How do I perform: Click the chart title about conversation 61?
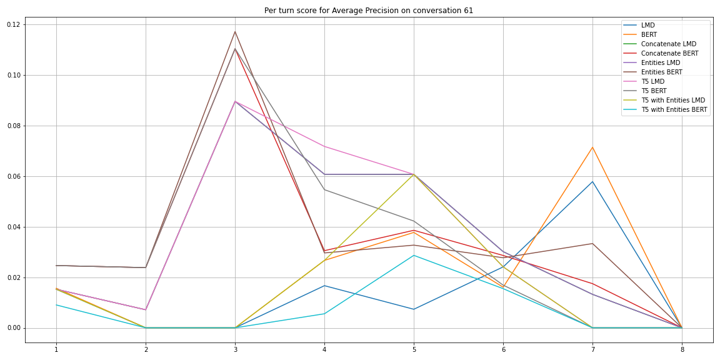pyautogui.click(x=369, y=10)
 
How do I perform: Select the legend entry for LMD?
pyautogui.click(x=649, y=25)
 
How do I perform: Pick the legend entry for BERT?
pyautogui.click(x=650, y=34)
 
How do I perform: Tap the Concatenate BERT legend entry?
pyautogui.click(x=669, y=53)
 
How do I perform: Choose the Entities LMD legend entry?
pyautogui.click(x=660, y=62)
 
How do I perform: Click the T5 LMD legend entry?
pyautogui.click(x=652, y=81)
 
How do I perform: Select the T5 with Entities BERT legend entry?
pyautogui.click(x=674, y=109)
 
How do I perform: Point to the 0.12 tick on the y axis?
pyautogui.click(x=12, y=24)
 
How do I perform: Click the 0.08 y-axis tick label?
pyautogui.click(x=12, y=126)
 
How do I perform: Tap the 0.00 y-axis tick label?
pyautogui.click(x=12, y=328)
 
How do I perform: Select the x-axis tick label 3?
pyautogui.click(x=235, y=350)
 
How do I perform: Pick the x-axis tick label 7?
pyautogui.click(x=592, y=350)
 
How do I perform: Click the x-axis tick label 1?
pyautogui.click(x=56, y=350)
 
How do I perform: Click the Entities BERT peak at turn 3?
pyautogui.click(x=235, y=31)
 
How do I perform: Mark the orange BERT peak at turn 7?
pyautogui.click(x=592, y=147)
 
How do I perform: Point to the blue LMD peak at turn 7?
pyautogui.click(x=592, y=182)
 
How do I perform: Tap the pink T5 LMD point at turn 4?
pyautogui.click(x=324, y=146)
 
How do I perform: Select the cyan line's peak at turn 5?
pyautogui.click(x=414, y=255)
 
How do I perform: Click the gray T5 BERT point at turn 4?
pyautogui.click(x=324, y=189)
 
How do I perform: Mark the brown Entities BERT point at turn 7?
pyautogui.click(x=592, y=244)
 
